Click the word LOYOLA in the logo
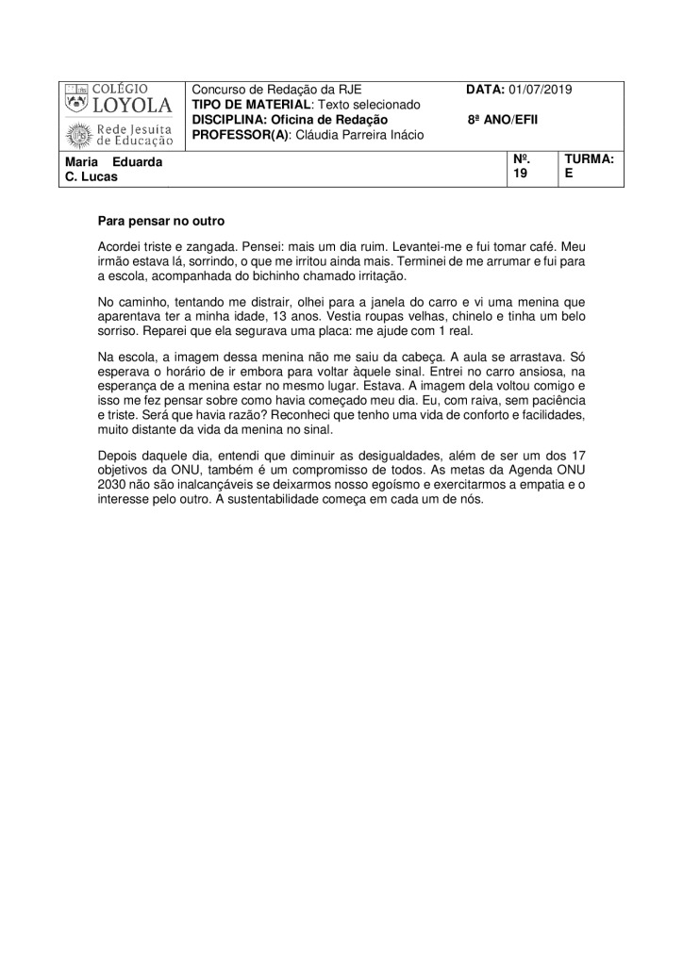click(132, 106)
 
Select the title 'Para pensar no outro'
click(161, 222)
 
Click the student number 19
click(520, 174)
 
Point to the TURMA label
click(589, 160)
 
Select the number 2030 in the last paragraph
click(111, 485)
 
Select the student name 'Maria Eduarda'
click(114, 162)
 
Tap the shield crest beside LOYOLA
click(76, 103)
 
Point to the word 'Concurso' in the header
click(219, 89)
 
